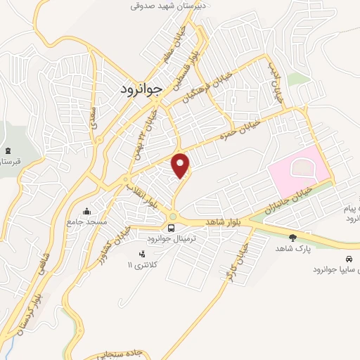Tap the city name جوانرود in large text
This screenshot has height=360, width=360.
[138, 89]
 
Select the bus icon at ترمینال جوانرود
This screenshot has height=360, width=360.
[171, 228]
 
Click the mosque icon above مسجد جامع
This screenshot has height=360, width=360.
[86, 211]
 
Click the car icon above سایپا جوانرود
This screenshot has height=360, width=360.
[349, 258]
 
